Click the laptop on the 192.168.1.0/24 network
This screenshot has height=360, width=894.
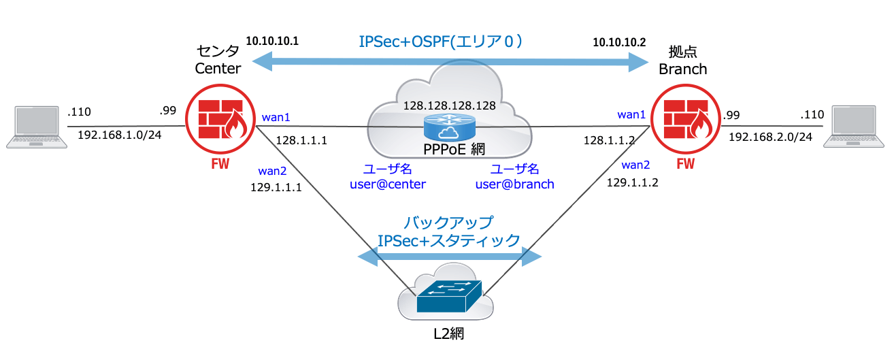tap(31, 127)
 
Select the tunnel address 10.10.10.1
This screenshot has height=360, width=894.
tap(272, 42)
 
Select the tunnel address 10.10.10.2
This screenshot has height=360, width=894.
tap(619, 42)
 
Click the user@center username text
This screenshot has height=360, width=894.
tap(387, 184)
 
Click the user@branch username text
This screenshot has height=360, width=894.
tap(514, 184)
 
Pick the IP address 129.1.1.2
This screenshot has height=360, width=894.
tap(632, 182)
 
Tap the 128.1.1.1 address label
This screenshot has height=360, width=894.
tap(301, 140)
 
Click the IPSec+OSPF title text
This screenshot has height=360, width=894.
tap(441, 42)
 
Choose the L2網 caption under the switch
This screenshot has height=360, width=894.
tap(448, 333)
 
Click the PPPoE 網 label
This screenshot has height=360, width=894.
tap(448, 148)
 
